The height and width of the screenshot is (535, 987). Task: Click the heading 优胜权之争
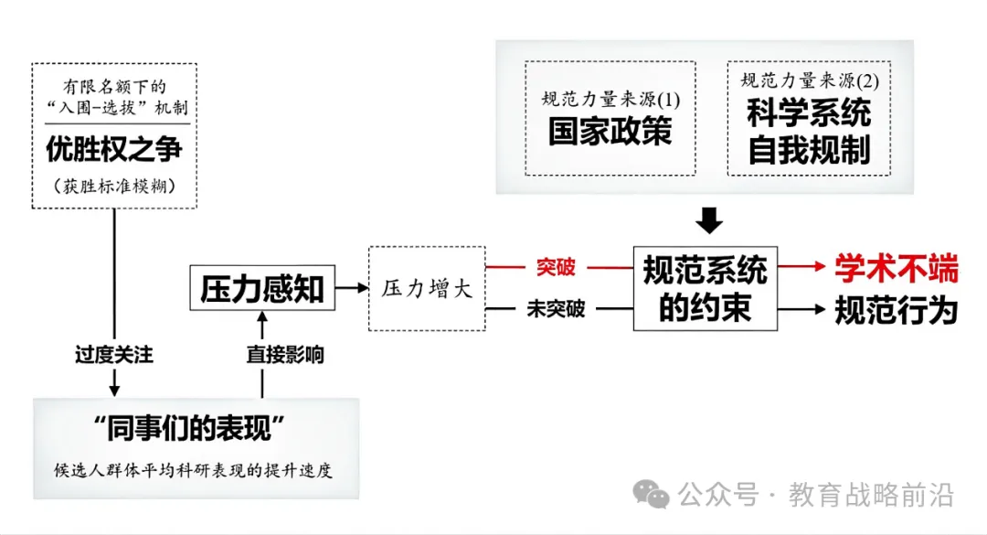pyautogui.click(x=114, y=149)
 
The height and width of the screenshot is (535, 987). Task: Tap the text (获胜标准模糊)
pyautogui.click(x=114, y=186)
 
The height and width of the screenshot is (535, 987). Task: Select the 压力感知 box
pyautogui.click(x=262, y=288)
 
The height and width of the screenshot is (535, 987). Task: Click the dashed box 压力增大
pyautogui.click(x=427, y=289)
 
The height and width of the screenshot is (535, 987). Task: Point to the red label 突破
pyautogui.click(x=556, y=267)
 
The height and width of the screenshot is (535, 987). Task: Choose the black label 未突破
pyautogui.click(x=556, y=309)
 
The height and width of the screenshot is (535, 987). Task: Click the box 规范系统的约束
pyautogui.click(x=705, y=289)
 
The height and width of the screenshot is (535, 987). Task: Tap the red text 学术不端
pyautogui.click(x=897, y=268)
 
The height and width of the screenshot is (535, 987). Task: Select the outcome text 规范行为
pyautogui.click(x=897, y=310)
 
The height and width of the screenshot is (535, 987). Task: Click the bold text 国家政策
pyautogui.click(x=610, y=132)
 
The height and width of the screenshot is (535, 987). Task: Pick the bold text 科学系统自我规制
pyautogui.click(x=809, y=132)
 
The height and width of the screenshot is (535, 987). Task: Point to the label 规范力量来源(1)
pyautogui.click(x=610, y=99)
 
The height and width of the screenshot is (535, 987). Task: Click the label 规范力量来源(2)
pyautogui.click(x=810, y=80)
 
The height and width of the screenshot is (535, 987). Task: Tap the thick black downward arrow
pyautogui.click(x=709, y=220)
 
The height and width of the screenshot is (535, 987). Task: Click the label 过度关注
pyautogui.click(x=114, y=355)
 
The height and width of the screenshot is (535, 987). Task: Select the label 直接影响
pyautogui.click(x=285, y=355)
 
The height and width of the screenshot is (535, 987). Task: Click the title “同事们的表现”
pyautogui.click(x=189, y=429)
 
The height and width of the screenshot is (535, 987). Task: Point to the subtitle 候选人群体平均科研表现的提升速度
pyautogui.click(x=193, y=470)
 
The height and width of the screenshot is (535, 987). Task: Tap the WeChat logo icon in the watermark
pyautogui.click(x=651, y=494)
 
